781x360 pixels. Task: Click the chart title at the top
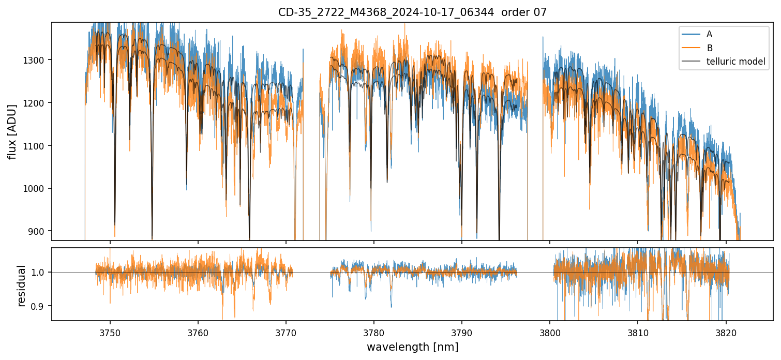tap(412, 12)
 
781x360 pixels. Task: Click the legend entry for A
tap(709, 34)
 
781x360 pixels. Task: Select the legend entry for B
tap(709, 48)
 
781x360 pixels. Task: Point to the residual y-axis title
tap(21, 286)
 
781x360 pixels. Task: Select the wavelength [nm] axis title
tap(412, 347)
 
